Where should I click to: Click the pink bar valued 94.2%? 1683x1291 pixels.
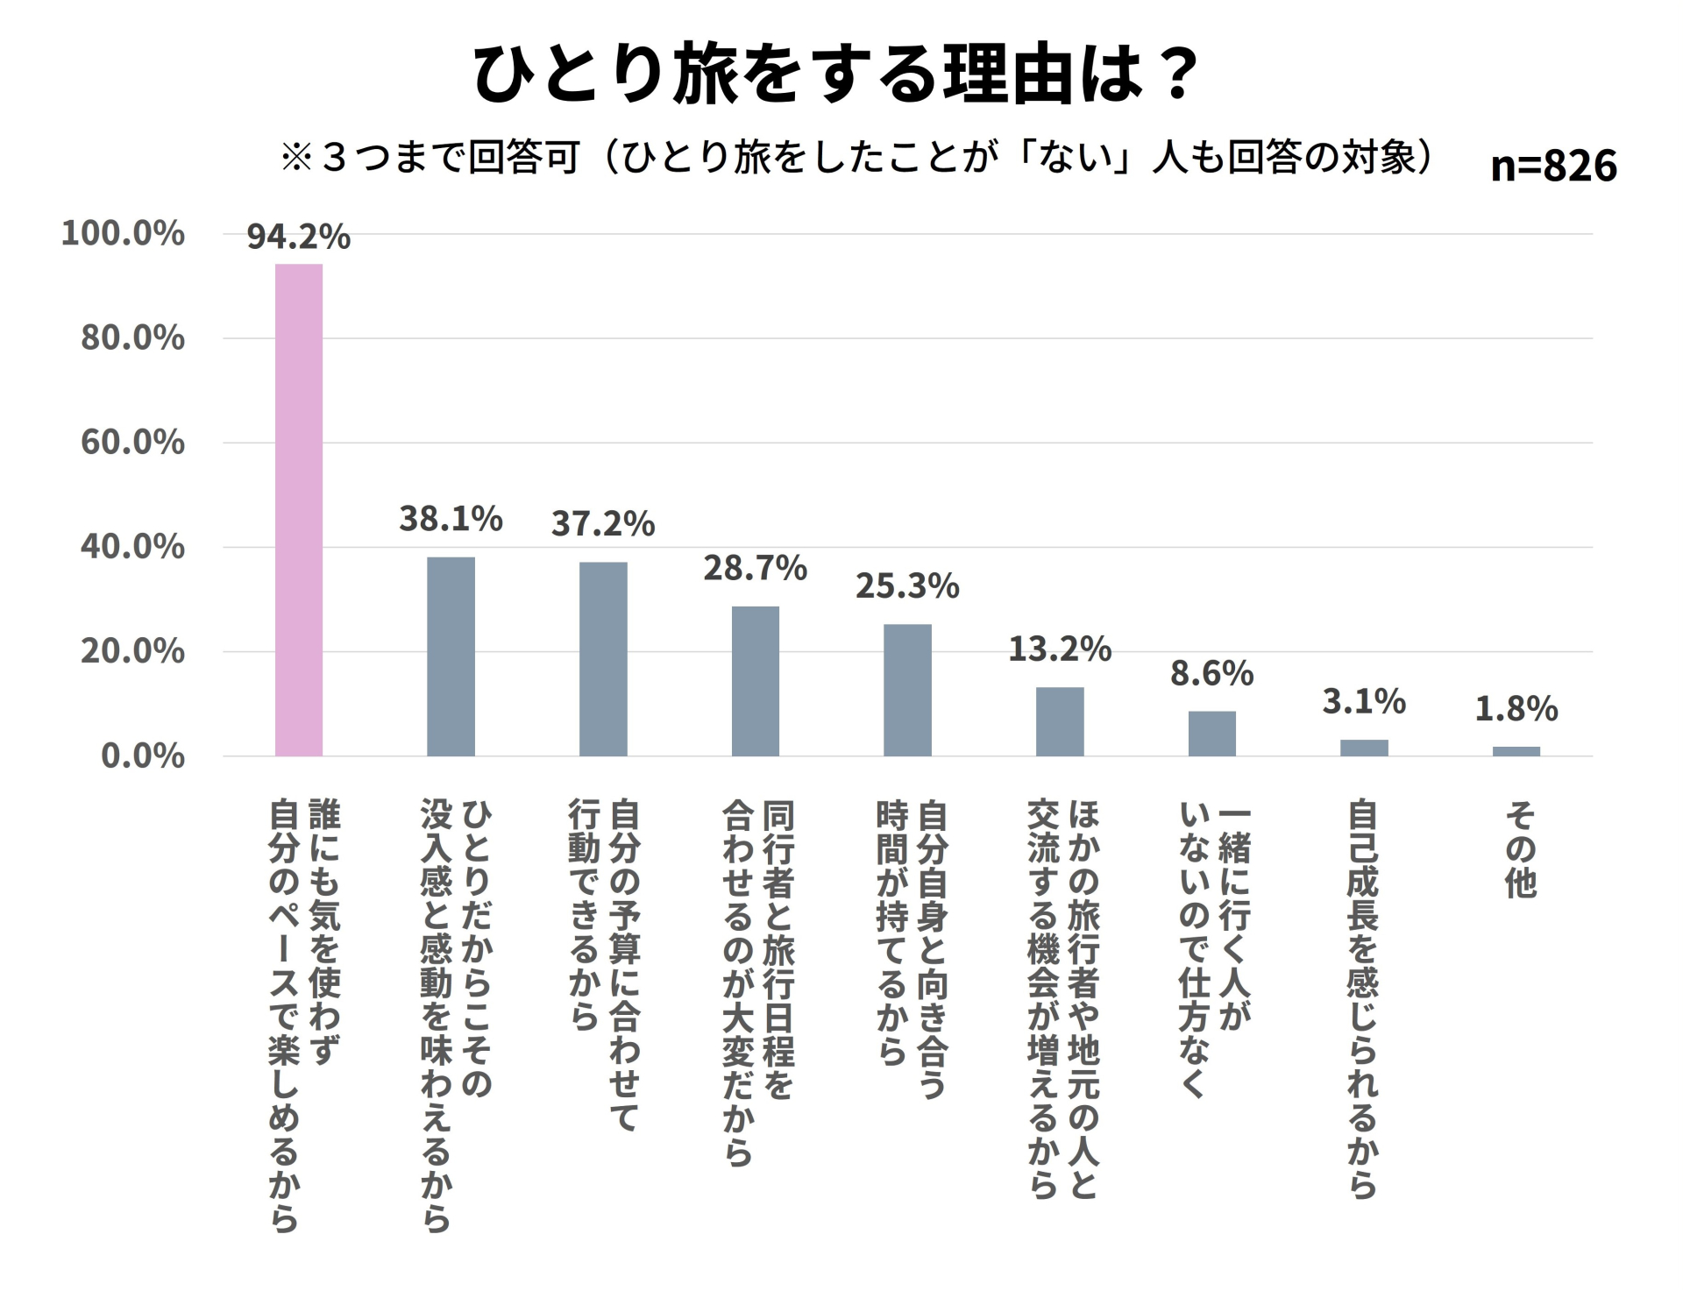tap(299, 510)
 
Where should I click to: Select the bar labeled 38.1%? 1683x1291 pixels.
tap(451, 656)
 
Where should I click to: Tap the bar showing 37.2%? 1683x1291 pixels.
tap(603, 659)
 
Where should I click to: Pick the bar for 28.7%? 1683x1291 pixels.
tap(755, 681)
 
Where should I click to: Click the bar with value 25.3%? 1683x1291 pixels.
tap(907, 690)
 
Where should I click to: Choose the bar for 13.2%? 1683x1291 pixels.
tap(1060, 721)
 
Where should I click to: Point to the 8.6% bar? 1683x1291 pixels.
tap(1211, 734)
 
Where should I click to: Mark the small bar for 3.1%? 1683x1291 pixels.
tap(1364, 748)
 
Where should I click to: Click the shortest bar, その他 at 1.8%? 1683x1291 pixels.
tap(1516, 751)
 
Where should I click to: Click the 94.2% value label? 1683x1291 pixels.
tap(298, 237)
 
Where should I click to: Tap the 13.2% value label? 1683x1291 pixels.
tap(1060, 649)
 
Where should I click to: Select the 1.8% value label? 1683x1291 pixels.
tap(1516, 709)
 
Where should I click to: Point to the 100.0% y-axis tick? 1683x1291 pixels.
tap(123, 233)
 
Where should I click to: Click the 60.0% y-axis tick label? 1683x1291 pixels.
tap(132, 442)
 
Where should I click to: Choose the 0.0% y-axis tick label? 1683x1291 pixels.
tap(143, 755)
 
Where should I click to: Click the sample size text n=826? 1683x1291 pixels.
tap(1553, 165)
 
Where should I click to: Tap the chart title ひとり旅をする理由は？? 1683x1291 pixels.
tap(836, 74)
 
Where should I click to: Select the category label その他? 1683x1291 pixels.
tap(1521, 850)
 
